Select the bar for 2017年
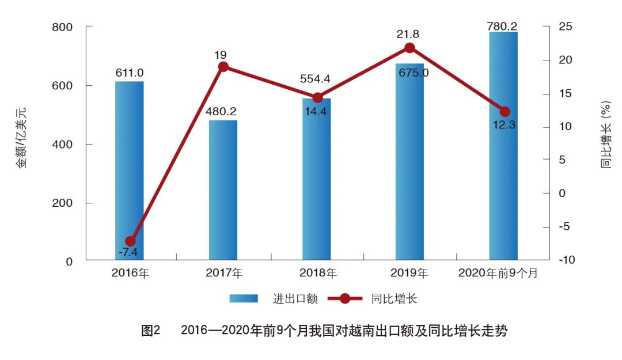point(223,190)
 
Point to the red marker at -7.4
point(131,241)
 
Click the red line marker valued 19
point(223,67)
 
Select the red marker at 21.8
point(409,48)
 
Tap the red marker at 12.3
point(505,111)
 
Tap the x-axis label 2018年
point(317,274)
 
